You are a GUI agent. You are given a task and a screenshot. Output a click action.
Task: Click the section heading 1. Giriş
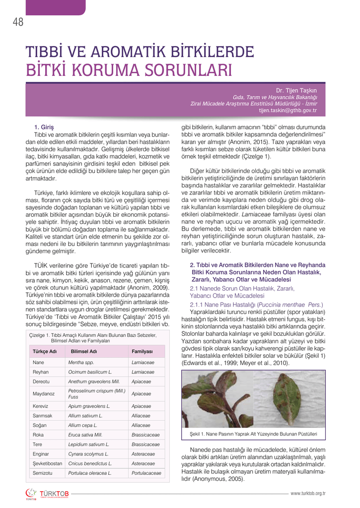pyautogui.click(x=44, y=127)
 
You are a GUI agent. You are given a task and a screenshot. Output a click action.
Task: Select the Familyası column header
pyautogui.click(x=142, y=351)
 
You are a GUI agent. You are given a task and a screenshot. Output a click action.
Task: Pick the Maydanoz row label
pyautogui.click(x=44, y=393)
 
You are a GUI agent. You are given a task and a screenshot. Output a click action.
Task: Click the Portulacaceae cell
pyautogui.click(x=146, y=473)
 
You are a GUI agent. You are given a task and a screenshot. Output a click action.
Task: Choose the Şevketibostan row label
pyautogui.click(x=47, y=463)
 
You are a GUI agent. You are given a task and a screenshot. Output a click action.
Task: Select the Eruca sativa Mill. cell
pyautogui.click(x=86, y=435)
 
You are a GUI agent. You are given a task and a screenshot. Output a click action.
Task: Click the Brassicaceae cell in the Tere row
pyautogui.click(x=145, y=444)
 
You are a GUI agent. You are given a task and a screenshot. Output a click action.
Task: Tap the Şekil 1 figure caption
pyautogui.click(x=253, y=434)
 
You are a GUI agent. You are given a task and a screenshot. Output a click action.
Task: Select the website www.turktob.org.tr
pyautogui.click(x=308, y=493)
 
